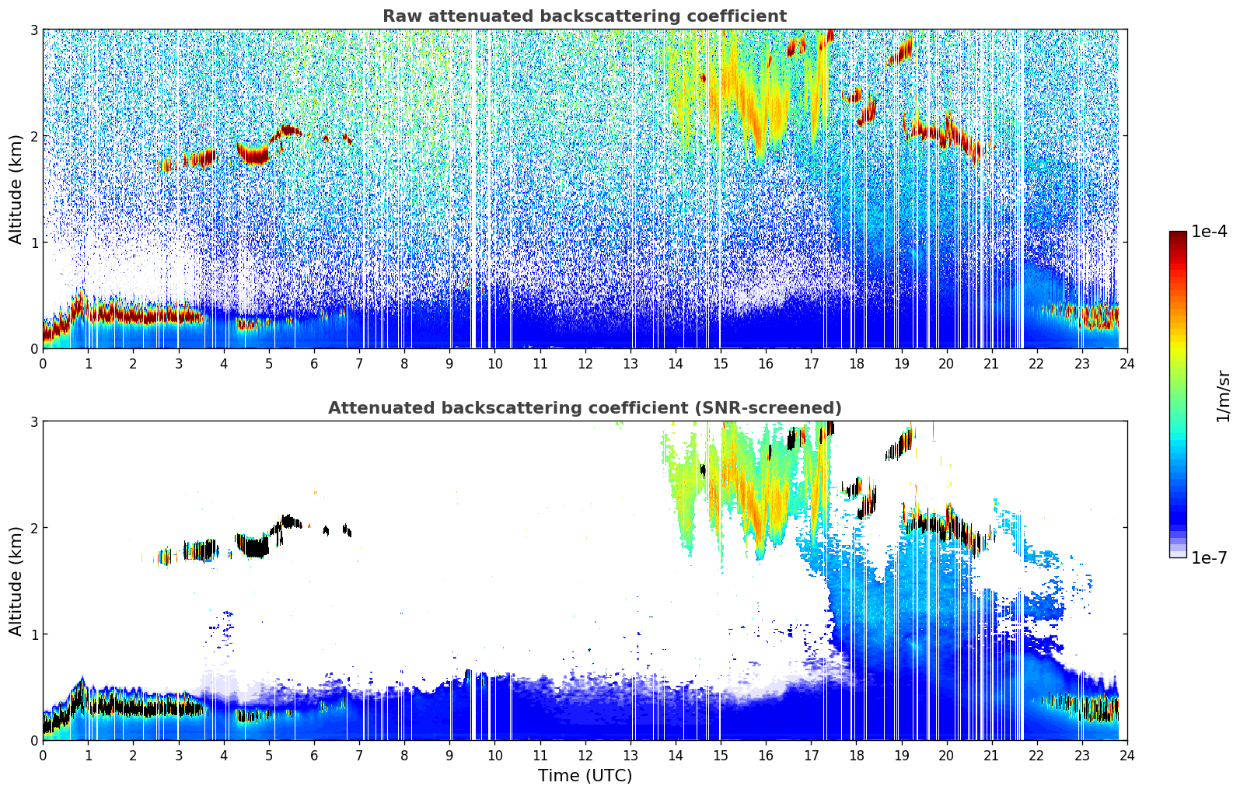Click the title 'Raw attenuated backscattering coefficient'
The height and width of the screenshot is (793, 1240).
click(584, 16)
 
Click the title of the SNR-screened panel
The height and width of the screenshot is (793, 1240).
click(584, 408)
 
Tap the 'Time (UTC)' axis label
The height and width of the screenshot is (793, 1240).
click(585, 776)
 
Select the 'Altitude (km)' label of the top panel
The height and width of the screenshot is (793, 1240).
click(16, 189)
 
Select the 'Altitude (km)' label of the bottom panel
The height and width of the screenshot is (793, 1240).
click(16, 581)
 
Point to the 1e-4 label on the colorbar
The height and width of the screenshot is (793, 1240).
click(1209, 232)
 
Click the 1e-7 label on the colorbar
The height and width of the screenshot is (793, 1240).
click(1209, 557)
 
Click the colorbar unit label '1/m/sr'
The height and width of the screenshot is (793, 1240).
click(1223, 396)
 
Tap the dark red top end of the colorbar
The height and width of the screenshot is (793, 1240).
click(1178, 235)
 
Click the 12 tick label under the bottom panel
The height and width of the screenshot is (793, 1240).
click(585, 756)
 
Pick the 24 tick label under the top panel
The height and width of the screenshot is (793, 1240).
click(1126, 364)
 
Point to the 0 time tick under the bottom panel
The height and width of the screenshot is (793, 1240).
click(43, 756)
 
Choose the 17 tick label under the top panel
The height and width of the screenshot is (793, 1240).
click(811, 364)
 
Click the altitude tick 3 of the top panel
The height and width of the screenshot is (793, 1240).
click(33, 30)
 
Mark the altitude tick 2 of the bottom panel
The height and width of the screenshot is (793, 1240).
click(33, 528)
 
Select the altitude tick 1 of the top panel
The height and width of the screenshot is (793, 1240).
click(33, 243)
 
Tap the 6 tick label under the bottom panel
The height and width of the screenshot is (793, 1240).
click(314, 756)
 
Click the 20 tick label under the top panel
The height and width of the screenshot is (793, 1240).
click(946, 364)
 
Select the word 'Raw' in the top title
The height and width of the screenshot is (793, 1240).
click(400, 16)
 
